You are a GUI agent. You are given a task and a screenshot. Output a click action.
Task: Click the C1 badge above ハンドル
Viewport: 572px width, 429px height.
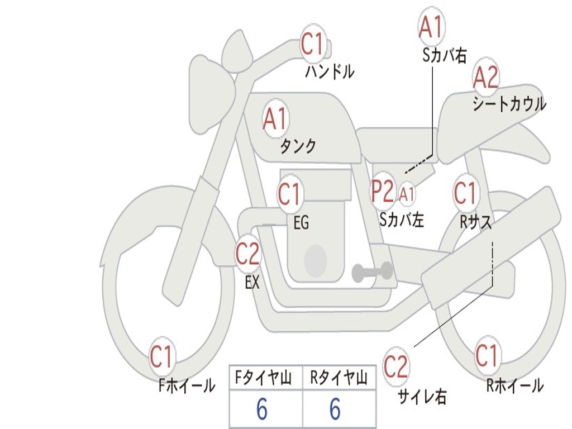coord(313,44)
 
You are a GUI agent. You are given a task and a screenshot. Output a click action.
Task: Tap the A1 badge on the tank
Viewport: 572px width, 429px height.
coord(275,118)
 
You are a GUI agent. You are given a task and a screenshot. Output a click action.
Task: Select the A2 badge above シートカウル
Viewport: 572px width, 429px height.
coord(485,77)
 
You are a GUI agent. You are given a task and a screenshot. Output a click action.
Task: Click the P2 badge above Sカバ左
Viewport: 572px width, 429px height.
coord(382,191)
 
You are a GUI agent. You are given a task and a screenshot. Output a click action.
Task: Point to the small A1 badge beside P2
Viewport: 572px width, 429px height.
coord(406,194)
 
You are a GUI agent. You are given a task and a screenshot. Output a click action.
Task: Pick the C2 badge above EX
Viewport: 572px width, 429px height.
coord(247,253)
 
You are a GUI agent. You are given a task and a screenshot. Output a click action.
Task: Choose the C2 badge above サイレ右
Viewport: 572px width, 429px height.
coord(395,366)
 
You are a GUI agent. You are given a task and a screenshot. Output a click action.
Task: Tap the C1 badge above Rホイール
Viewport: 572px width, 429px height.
coord(487,355)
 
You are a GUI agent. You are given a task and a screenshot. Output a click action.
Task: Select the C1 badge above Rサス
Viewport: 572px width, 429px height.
coord(465,192)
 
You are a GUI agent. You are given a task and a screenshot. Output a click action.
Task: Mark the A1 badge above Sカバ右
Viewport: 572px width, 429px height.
coord(432,26)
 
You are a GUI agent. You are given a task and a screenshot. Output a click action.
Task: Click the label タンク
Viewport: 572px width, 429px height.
coord(298,146)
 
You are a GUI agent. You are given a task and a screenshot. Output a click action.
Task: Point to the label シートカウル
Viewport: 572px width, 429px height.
coord(509,103)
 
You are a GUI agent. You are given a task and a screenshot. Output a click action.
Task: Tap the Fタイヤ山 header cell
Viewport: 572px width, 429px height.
coord(266,378)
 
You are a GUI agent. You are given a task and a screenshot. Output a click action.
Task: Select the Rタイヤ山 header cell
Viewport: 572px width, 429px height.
coord(339,378)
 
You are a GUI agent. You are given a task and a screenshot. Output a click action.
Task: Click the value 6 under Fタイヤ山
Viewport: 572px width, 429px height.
coord(262,408)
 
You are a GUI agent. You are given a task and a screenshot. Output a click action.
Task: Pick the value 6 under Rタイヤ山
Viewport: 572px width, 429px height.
coord(335,408)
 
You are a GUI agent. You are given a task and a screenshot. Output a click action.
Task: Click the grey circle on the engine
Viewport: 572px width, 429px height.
coord(316,261)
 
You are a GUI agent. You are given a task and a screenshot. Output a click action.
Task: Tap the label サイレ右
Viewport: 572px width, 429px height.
coord(422,397)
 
